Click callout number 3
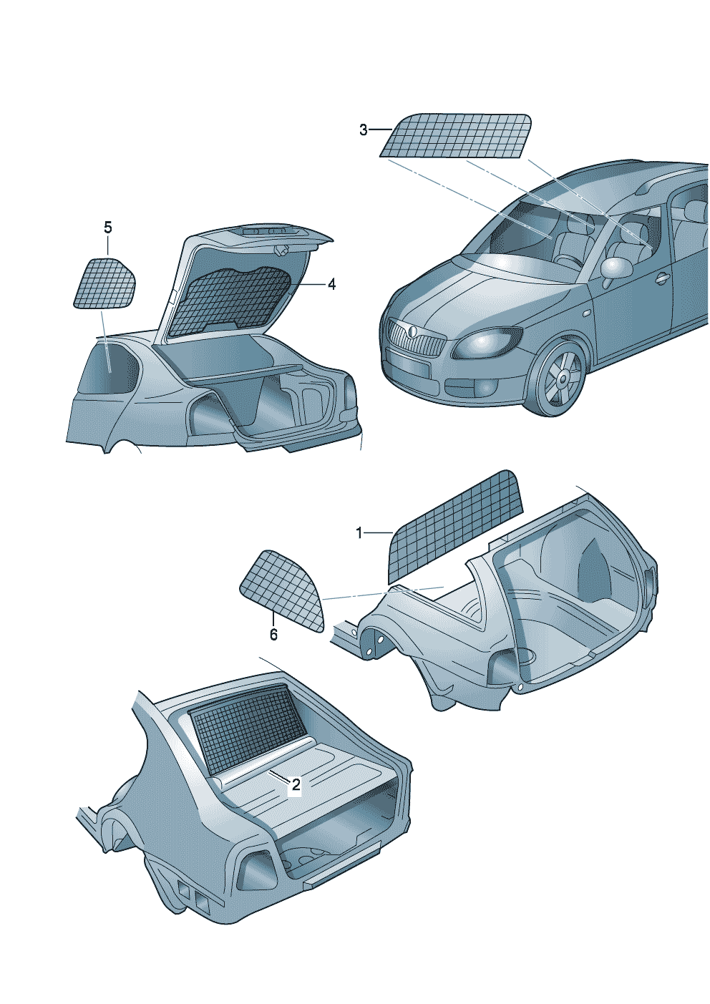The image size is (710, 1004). click(x=363, y=130)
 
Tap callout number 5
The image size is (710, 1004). click(x=108, y=228)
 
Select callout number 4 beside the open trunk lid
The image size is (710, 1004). click(x=331, y=284)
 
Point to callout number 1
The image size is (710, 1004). click(x=359, y=533)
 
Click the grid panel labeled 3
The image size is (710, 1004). click(x=455, y=135)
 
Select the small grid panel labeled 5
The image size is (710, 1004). click(x=104, y=283)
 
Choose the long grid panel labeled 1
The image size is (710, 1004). click(x=455, y=527)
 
